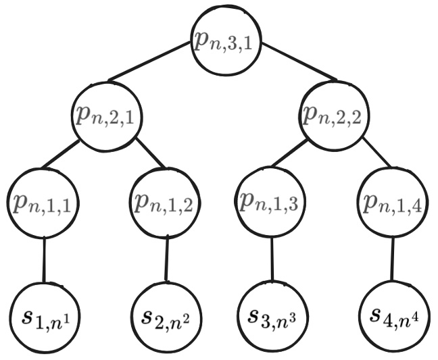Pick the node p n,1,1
point(44,203)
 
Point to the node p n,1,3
point(270,203)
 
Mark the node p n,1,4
point(391,203)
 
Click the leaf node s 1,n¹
point(44,316)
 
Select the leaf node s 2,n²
point(165,316)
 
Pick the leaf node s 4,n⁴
point(393,316)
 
